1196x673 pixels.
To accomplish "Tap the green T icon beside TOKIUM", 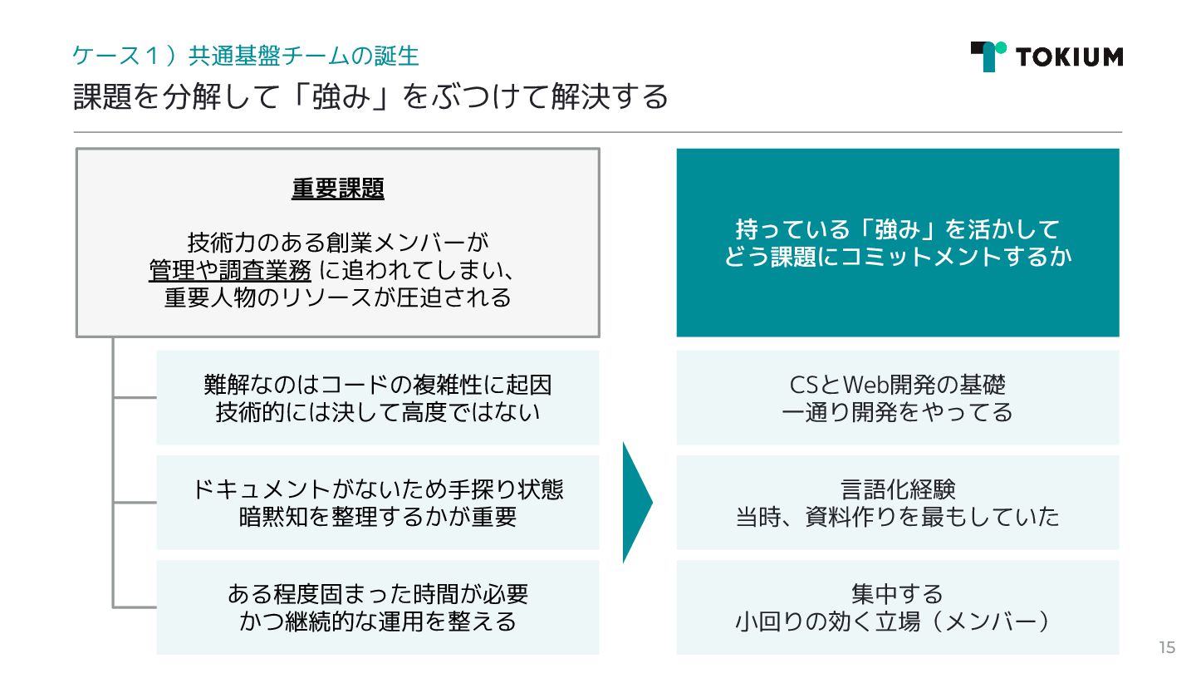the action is pyautogui.click(x=988, y=56).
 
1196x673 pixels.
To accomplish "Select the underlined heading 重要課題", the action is pyautogui.click(x=338, y=189).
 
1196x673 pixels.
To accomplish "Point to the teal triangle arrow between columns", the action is pyautogui.click(x=636, y=502).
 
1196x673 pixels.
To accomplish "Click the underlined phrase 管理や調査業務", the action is pyautogui.click(x=230, y=270).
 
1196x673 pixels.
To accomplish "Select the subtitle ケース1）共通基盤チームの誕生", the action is pyautogui.click(x=245, y=56).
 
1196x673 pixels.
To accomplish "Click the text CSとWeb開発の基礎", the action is pyautogui.click(x=897, y=385).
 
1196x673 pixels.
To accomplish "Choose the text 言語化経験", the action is pyautogui.click(x=897, y=489).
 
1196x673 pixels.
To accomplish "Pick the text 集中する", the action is pyautogui.click(x=897, y=594).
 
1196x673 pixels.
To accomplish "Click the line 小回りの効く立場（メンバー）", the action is pyautogui.click(x=897, y=621).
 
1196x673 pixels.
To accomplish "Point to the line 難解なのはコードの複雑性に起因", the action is pyautogui.click(x=378, y=385).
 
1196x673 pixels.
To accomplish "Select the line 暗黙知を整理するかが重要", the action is pyautogui.click(x=378, y=517).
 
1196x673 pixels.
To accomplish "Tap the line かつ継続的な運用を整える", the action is pyautogui.click(x=378, y=621).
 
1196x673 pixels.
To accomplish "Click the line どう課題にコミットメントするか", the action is pyautogui.click(x=897, y=257).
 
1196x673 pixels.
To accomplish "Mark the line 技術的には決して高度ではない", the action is pyautogui.click(x=378, y=412).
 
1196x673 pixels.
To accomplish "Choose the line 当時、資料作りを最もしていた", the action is pyautogui.click(x=897, y=517).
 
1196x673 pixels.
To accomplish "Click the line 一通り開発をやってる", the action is pyautogui.click(x=897, y=412).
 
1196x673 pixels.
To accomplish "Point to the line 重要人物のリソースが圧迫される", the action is pyautogui.click(x=337, y=297).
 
